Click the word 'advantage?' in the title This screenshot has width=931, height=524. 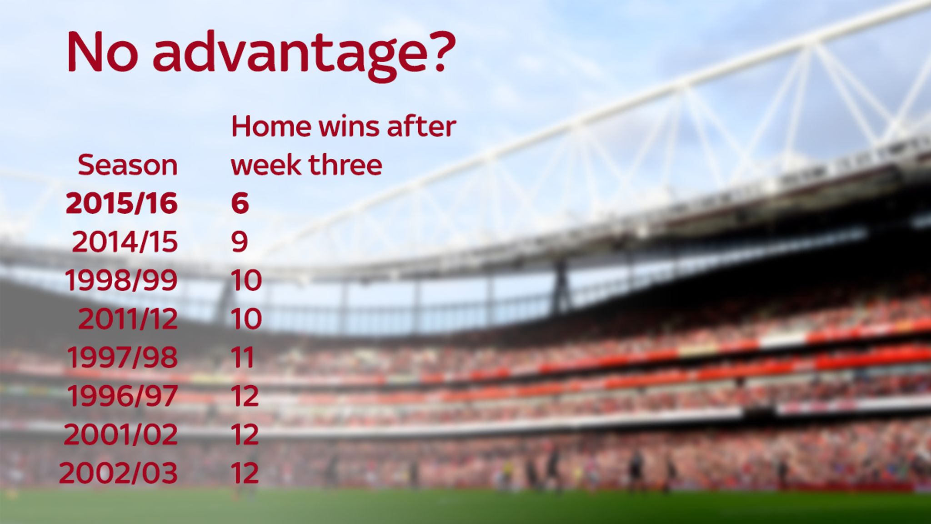tap(304, 53)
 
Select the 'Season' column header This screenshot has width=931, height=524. tap(128, 165)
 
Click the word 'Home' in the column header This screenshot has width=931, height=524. tap(271, 126)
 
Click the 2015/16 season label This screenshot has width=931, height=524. tap(122, 203)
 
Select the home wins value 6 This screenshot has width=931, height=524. tap(240, 203)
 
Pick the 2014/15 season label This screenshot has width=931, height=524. tap(125, 242)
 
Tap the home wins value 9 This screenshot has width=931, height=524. tap(240, 242)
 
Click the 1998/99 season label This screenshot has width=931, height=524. tap(121, 280)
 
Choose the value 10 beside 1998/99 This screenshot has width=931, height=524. tap(246, 280)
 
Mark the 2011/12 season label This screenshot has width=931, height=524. tap(128, 319)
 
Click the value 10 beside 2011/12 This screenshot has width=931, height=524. tap(246, 319)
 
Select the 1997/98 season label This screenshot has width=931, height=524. tap(122, 358)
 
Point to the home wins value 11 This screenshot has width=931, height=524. tap(243, 358)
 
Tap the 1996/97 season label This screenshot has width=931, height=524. tap(122, 396)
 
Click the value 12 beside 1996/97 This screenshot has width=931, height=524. tap(245, 396)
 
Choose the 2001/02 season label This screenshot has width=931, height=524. tap(120, 435)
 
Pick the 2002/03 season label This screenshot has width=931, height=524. tap(118, 473)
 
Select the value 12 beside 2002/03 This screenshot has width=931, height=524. tap(245, 473)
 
